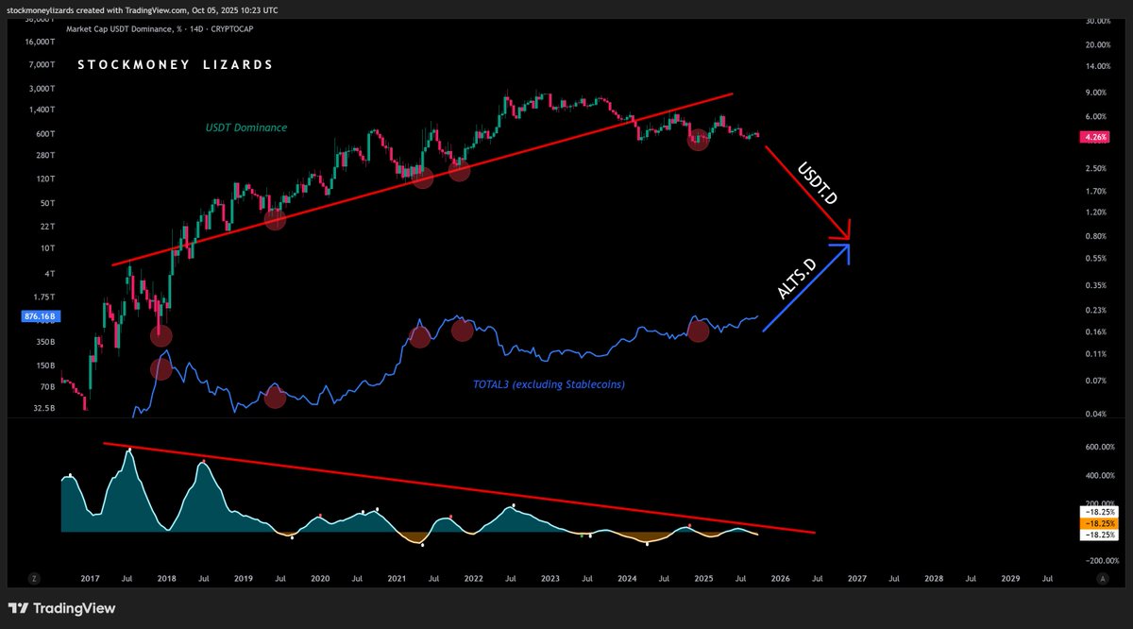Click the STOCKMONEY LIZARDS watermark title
tap(176, 65)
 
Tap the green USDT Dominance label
tap(246, 127)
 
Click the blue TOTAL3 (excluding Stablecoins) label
tap(549, 384)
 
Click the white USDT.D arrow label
tap(818, 183)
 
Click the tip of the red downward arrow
tap(850, 238)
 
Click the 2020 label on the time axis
tap(320, 577)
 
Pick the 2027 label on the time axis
tap(855, 577)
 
